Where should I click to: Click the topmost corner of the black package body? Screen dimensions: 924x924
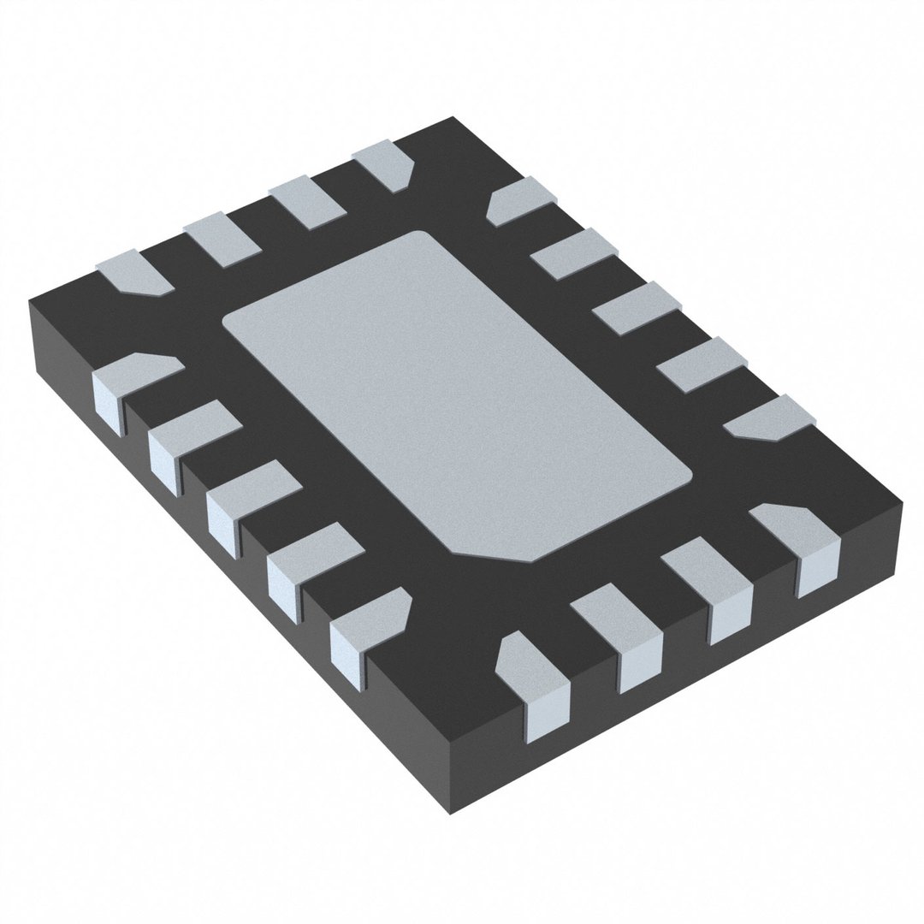tap(450, 119)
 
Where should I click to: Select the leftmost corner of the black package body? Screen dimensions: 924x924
tap(31, 301)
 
